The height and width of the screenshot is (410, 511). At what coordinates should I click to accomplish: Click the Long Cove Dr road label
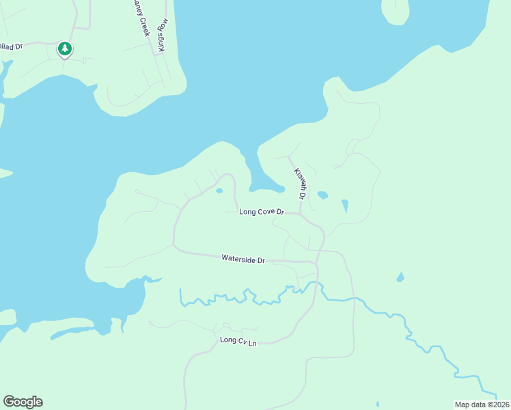[261, 212]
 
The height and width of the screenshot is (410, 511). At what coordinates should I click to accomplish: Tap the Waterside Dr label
[243, 259]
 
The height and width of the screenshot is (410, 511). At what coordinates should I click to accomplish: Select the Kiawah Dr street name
[299, 183]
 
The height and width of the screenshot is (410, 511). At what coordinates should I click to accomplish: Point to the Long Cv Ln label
[238, 340]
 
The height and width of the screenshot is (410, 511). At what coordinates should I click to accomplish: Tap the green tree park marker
[65, 49]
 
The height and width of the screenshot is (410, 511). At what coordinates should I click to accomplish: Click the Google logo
[23, 402]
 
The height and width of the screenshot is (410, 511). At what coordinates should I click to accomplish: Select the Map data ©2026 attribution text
[482, 405]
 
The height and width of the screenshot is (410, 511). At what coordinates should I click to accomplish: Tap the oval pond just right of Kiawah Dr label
[322, 195]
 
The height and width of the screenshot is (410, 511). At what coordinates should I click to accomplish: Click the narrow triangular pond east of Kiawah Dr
[345, 205]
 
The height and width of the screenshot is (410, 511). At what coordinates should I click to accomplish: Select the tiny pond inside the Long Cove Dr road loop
[219, 191]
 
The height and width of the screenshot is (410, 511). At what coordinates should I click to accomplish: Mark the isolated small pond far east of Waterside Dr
[400, 277]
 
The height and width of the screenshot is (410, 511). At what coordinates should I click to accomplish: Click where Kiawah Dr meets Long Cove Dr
[300, 214]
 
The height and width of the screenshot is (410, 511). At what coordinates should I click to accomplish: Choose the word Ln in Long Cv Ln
[251, 341]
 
